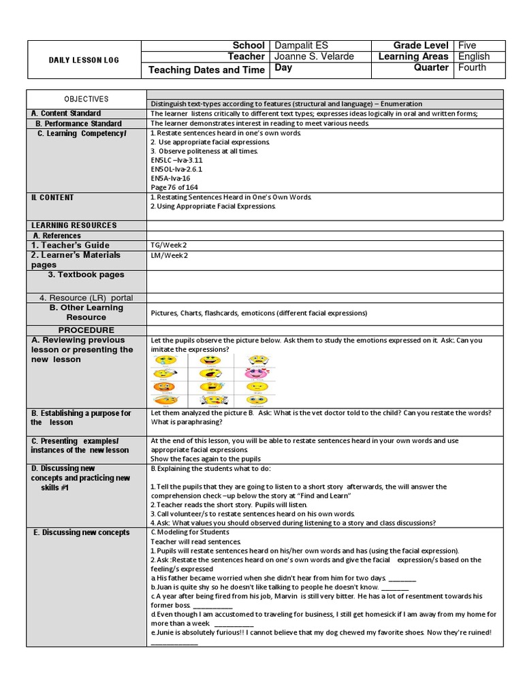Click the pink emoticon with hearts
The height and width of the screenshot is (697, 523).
pyautogui.click(x=257, y=373)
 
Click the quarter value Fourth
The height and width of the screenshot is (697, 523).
pyautogui.click(x=473, y=67)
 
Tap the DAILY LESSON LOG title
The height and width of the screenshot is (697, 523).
pyautogui.click(x=84, y=60)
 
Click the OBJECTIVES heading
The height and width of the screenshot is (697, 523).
pyautogui.click(x=86, y=99)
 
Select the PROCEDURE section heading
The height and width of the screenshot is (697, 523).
pyautogui.click(x=86, y=330)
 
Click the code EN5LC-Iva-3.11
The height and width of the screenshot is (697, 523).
pyautogui.click(x=176, y=161)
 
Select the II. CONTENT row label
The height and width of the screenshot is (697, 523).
pyautogui.click(x=52, y=198)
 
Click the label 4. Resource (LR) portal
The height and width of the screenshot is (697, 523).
pyautogui.click(x=86, y=298)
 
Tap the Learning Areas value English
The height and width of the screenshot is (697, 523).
pyautogui.click(x=474, y=56)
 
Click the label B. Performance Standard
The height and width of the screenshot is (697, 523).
pyautogui.click(x=79, y=124)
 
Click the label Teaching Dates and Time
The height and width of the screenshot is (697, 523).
pyautogui.click(x=206, y=70)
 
